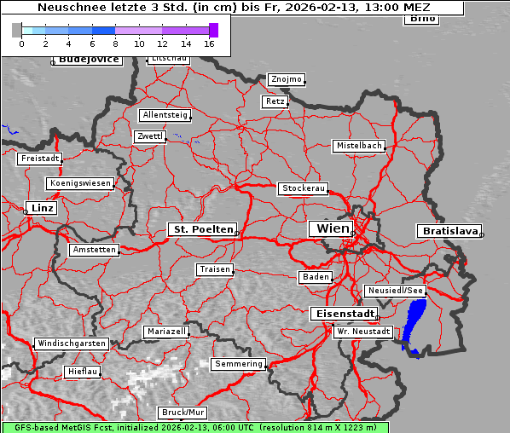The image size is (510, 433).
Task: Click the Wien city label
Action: pos(333,228)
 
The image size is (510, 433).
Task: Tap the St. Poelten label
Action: pos(202,229)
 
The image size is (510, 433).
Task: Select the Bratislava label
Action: pos(448,231)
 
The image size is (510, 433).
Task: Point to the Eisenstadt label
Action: pos(341,314)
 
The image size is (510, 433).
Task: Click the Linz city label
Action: pos(40,208)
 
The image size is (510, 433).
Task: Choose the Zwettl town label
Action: pos(149,136)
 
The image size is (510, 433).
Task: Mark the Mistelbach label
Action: pos(358,146)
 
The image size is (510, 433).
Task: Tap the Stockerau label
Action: pos(303,188)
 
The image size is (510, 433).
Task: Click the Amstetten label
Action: pos(94,250)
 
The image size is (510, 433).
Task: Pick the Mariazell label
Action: pos(165,331)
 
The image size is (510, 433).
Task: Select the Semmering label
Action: pos(239,364)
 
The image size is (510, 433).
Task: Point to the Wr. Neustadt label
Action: pos(363,331)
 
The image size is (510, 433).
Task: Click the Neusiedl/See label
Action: pos(395,291)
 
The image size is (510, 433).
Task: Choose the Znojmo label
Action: pos(286,79)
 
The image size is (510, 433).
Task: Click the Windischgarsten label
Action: pos(72,344)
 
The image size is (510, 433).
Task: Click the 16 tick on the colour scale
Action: pos(210,43)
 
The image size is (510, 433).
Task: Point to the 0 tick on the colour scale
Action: pos(21,43)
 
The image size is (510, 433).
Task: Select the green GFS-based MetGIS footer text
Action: pos(194,427)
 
